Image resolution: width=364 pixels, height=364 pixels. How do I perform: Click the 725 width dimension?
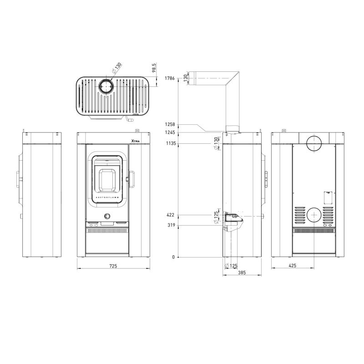coord(113,266)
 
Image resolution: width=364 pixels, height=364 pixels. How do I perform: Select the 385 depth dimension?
coord(242,273)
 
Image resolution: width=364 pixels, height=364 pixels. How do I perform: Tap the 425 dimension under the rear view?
coord(293,266)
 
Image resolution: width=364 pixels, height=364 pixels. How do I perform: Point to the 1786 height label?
coord(170,78)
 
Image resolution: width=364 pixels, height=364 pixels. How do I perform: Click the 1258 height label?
coord(170,124)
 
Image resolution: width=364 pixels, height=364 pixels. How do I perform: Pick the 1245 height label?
coord(170,132)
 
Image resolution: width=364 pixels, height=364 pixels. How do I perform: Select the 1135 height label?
coord(171,143)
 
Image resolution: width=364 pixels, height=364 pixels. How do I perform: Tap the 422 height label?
coord(170,215)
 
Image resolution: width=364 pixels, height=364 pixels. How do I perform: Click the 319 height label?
coord(172,225)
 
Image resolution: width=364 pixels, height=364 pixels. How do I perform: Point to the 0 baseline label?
coord(173,257)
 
